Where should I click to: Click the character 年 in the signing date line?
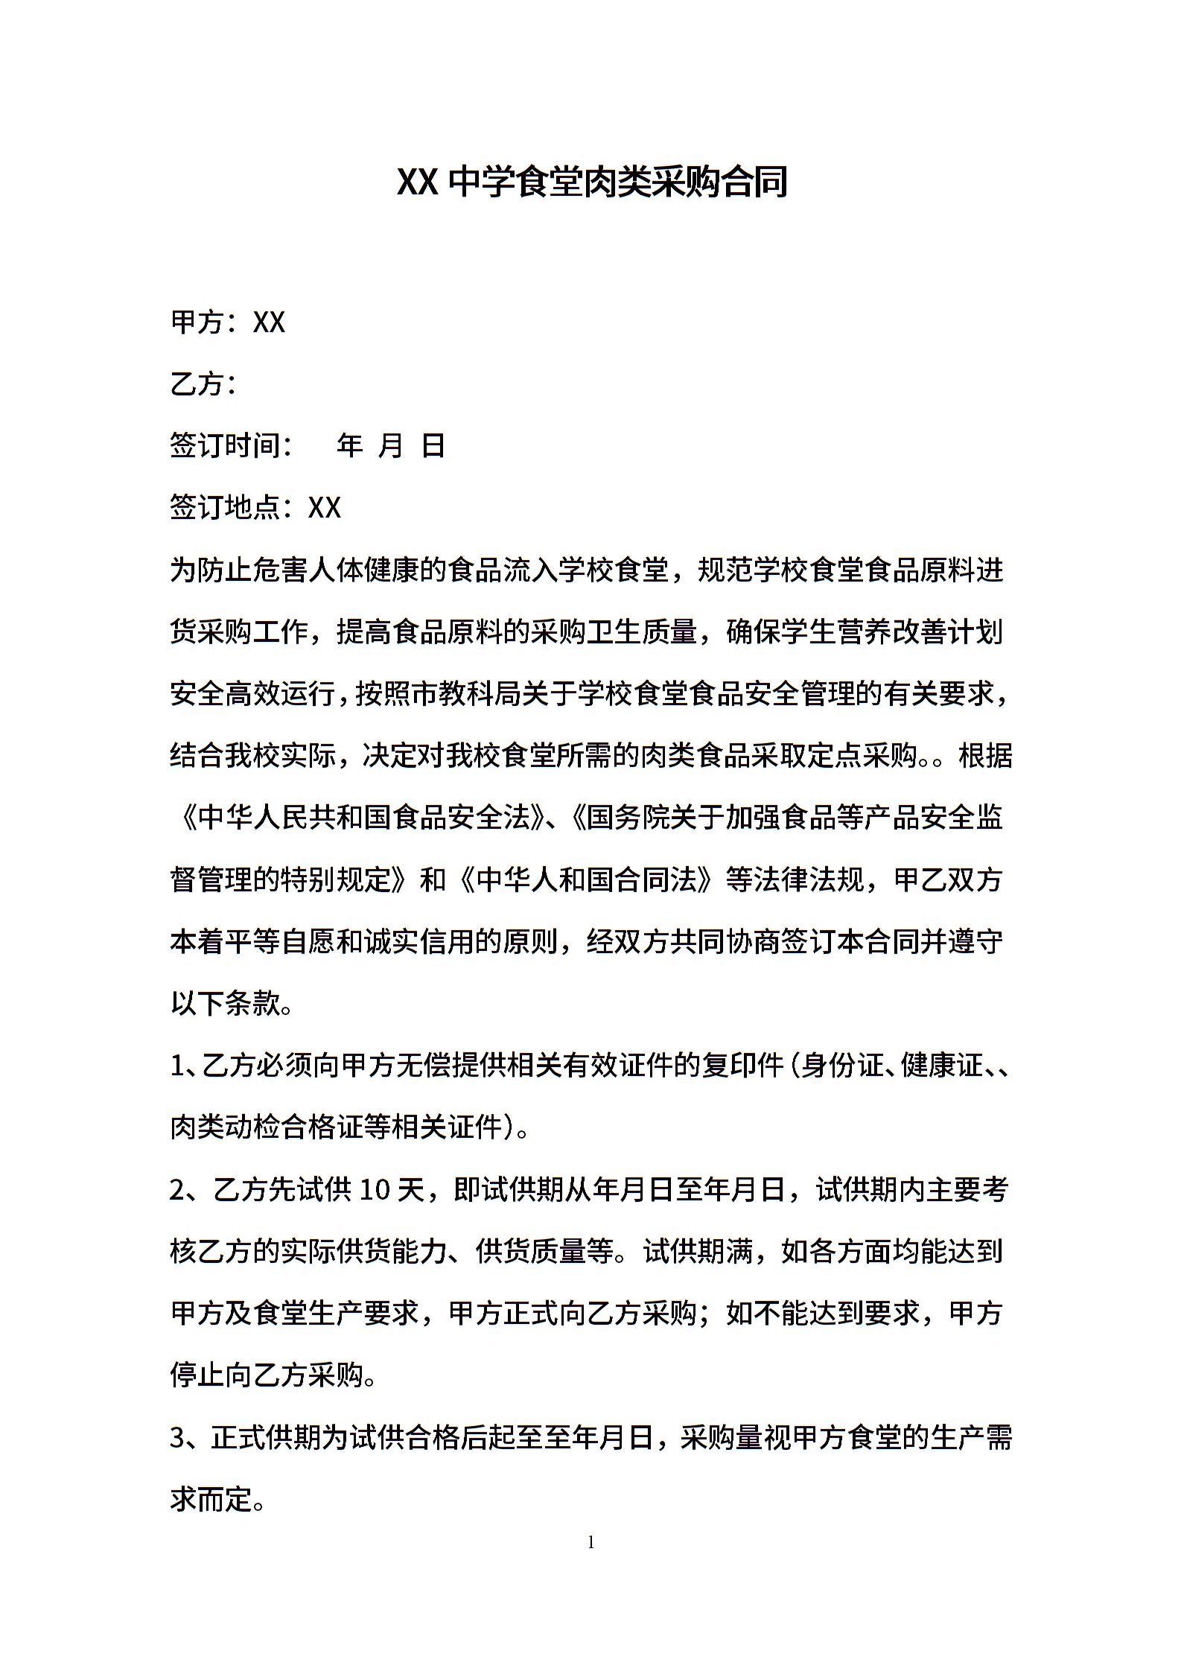tap(349, 446)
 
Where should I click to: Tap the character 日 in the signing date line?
tap(433, 446)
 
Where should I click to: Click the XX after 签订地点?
tap(324, 508)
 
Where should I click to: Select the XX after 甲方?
tap(269, 322)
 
